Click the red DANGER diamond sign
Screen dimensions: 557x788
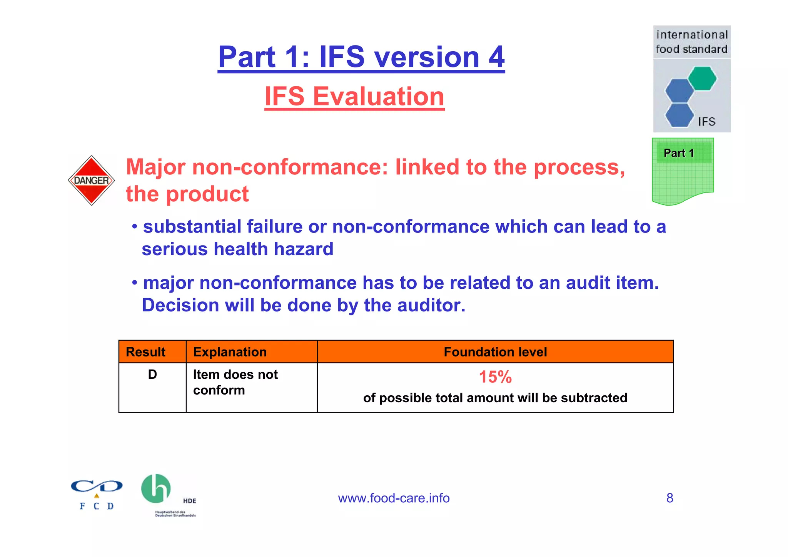point(92,180)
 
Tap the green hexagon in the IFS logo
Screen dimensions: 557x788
point(702,78)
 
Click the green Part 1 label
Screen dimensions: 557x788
point(679,153)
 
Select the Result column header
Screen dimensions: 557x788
point(145,352)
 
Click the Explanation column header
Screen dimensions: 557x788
point(230,352)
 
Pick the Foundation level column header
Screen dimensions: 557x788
point(495,352)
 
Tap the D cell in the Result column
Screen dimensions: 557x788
point(152,374)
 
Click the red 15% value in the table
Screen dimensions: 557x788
point(495,377)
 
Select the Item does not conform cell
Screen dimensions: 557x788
point(235,382)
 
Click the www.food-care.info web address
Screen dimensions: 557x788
point(394,498)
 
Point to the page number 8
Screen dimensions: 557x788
point(669,498)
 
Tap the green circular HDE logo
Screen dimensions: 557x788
point(156,488)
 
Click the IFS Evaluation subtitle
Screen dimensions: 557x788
point(354,96)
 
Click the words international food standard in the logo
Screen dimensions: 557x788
point(692,42)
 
